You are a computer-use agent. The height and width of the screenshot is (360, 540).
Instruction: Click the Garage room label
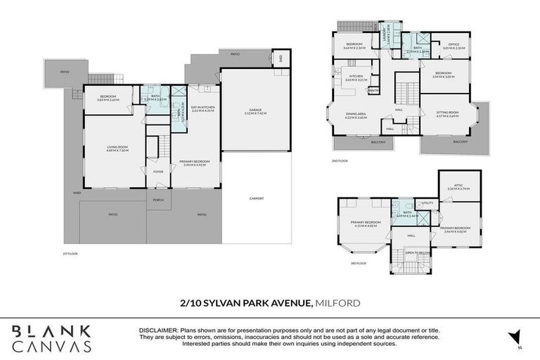[256, 111]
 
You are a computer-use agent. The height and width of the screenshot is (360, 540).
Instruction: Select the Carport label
[256, 198]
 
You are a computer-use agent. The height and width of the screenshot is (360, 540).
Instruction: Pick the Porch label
[157, 199]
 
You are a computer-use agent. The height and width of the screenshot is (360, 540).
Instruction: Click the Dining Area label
[356, 115]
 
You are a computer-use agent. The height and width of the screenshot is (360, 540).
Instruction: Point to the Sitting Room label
[447, 114]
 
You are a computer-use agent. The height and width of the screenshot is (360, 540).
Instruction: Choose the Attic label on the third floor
[458, 187]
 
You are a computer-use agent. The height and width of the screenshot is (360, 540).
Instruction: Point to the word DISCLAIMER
[160, 328]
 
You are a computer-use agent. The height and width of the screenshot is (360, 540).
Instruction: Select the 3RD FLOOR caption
[358, 263]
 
